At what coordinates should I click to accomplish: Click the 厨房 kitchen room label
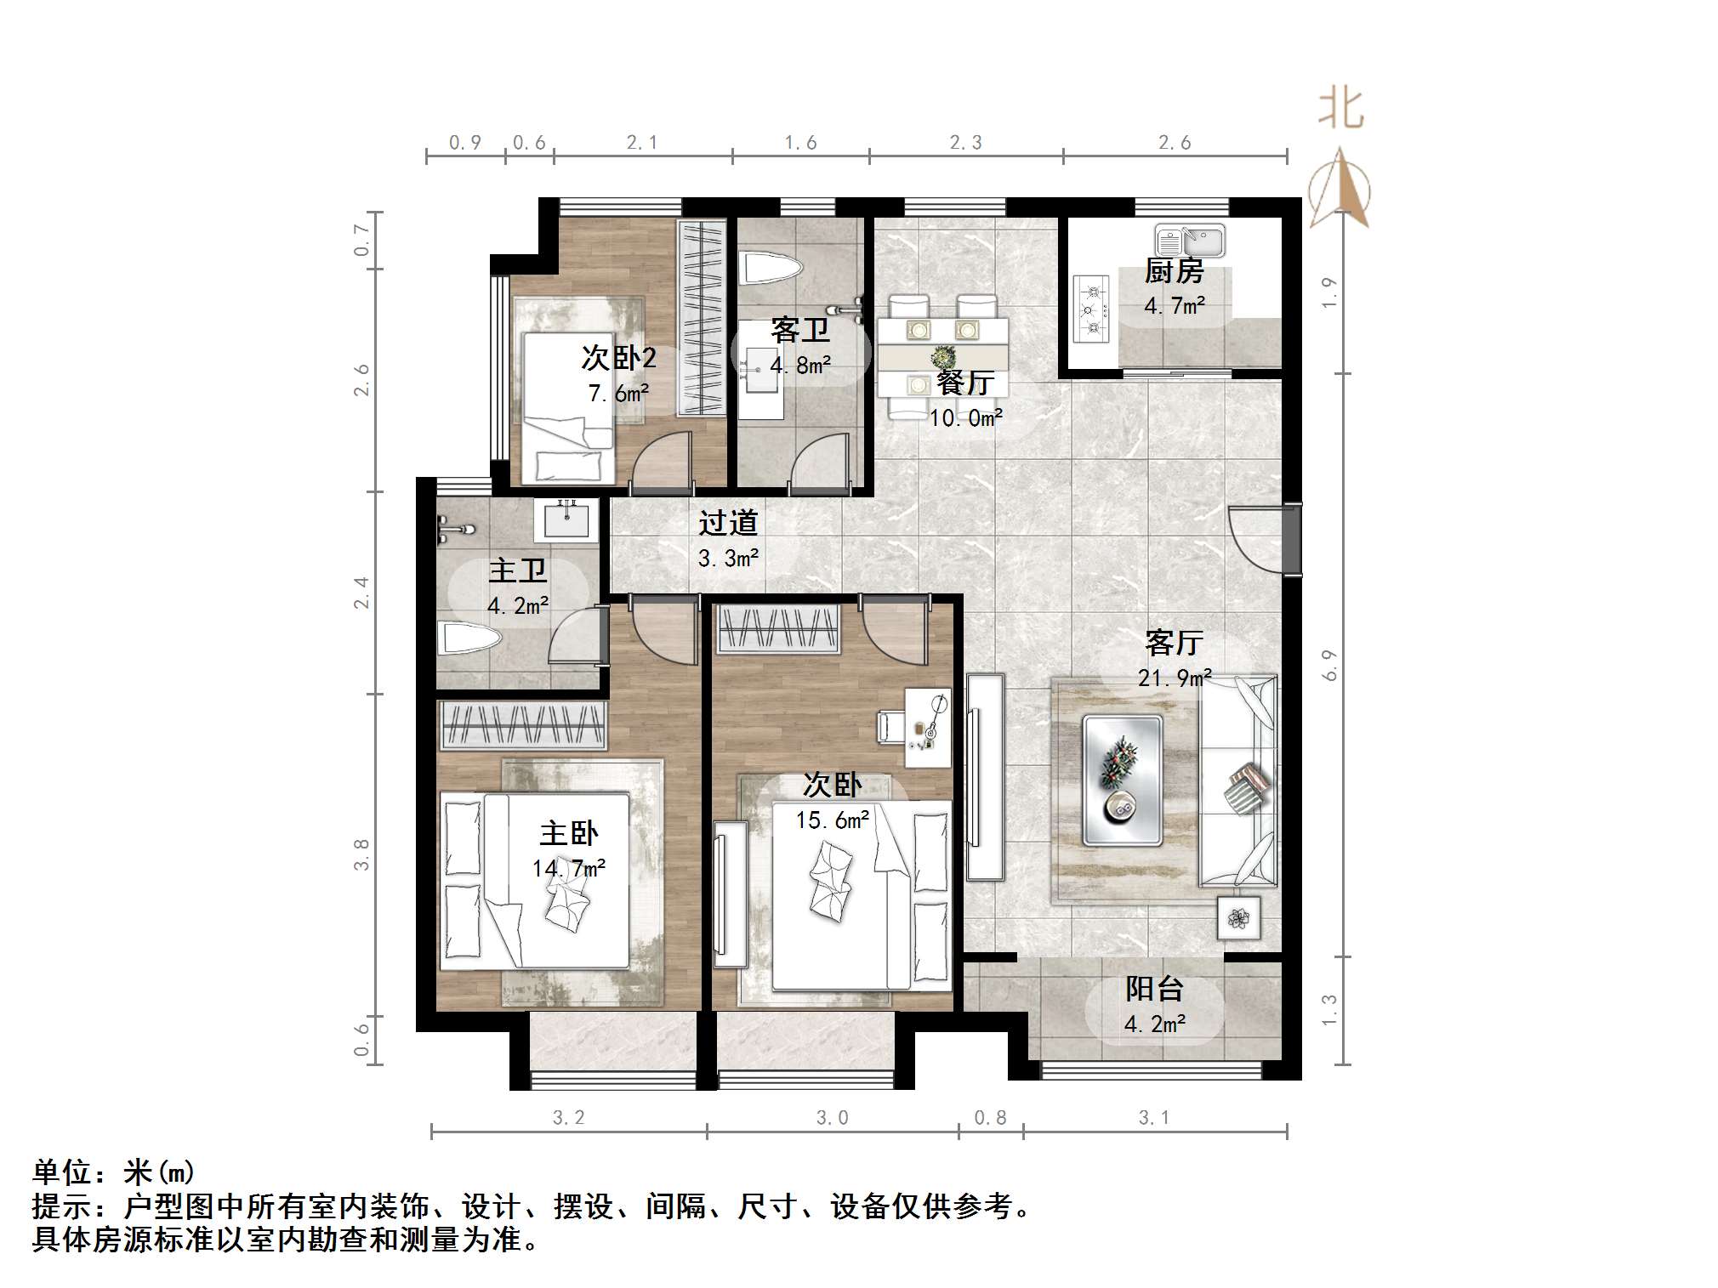(1174, 271)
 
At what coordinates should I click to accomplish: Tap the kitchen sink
(1189, 241)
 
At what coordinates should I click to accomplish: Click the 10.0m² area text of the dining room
(965, 417)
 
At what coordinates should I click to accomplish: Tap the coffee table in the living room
(1122, 780)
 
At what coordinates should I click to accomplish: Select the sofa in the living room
(1238, 780)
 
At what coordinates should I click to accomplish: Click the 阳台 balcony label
(1154, 989)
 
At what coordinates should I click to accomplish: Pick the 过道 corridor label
(728, 523)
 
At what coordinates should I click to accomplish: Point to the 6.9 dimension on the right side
(1330, 665)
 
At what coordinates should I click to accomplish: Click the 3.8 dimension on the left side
(362, 854)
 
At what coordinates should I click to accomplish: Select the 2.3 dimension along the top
(965, 143)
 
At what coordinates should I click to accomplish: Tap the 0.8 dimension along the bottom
(990, 1118)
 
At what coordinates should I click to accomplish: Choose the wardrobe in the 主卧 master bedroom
(522, 725)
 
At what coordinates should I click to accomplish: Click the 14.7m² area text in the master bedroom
(568, 868)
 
